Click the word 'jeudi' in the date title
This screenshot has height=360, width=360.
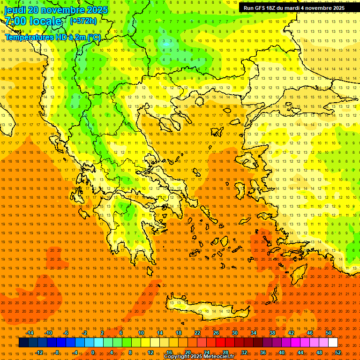pyautogui.click(x=15, y=10)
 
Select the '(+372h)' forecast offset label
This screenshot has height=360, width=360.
pyautogui.click(x=83, y=21)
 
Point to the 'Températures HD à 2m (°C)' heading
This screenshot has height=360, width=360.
pyautogui.click(x=52, y=37)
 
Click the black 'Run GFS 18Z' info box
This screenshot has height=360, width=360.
pyautogui.click(x=292, y=8)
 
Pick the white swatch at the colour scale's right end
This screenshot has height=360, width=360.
pyautogui.click(x=333, y=343)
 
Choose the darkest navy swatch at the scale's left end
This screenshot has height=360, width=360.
pyautogui.click(x=23, y=343)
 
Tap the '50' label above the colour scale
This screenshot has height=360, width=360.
pyautogui.click(x=329, y=333)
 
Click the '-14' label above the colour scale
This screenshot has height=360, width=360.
pyautogui.click(x=30, y=333)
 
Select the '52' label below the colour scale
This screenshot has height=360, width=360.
pyautogui.click(x=338, y=352)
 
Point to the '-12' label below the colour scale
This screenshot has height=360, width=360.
pyautogui.click(x=39, y=352)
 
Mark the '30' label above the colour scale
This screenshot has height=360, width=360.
pyautogui.click(x=235, y=333)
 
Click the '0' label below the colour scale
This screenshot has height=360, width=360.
pyautogui.click(x=93, y=352)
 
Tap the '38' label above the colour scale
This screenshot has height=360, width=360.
pyautogui.click(x=272, y=333)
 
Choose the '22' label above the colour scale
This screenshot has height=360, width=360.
pyautogui.click(x=197, y=333)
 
